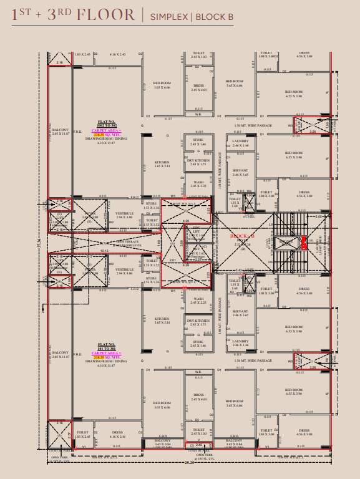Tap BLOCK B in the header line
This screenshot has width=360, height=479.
tap(214, 17)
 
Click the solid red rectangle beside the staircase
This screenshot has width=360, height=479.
tap(303, 243)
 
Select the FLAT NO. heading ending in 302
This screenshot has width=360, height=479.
tap(107, 125)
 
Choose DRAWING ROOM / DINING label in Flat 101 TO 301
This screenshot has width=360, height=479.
tap(107, 361)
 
